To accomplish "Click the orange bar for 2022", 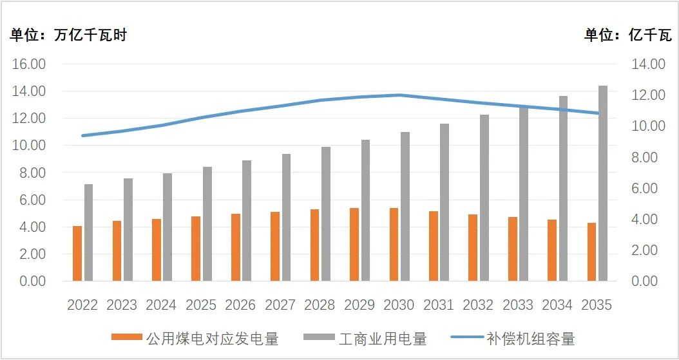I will pos(77,254).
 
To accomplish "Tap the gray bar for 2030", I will pos(405,207).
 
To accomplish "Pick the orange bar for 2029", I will pos(354,245).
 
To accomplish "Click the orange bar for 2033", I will pos(512,249).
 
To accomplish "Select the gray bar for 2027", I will pos(286,218).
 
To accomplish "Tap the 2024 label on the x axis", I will pos(161,305).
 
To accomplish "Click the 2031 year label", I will pos(438,305).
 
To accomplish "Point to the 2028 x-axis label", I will pos(320,305).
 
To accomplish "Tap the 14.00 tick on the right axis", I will pos(647,64).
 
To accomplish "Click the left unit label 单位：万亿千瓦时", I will pos(68,35).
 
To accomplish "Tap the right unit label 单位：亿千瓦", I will pos(627,35).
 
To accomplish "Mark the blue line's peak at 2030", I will pos(399,95).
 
